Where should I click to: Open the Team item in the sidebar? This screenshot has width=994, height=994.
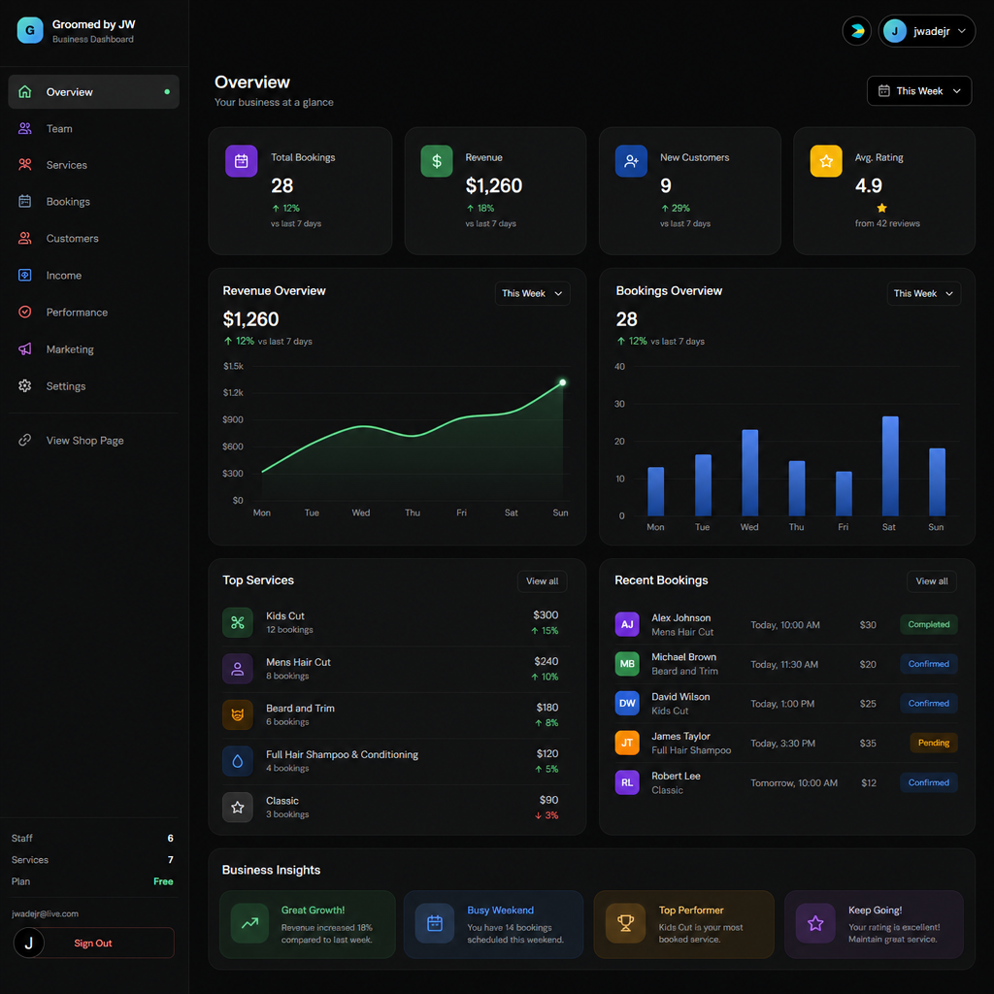[x=59, y=129]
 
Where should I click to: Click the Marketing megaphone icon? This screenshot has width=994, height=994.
[x=24, y=349]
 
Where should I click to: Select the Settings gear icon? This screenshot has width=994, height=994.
[x=24, y=386]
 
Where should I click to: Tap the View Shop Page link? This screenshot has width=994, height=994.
[x=84, y=441]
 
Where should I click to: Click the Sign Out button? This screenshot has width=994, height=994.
[x=93, y=943]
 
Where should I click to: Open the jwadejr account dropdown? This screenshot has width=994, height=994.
[x=926, y=31]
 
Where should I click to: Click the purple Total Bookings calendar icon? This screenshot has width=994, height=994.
[x=242, y=161]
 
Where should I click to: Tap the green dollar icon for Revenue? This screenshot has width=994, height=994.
[x=437, y=161]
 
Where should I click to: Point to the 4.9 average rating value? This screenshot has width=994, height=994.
[x=869, y=185]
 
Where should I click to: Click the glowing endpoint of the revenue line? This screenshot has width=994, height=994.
[x=562, y=382]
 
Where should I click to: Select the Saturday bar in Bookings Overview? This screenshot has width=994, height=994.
[x=890, y=466]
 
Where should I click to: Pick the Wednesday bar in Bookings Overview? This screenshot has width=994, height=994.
[x=750, y=473]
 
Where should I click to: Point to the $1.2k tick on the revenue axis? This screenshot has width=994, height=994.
[x=233, y=393]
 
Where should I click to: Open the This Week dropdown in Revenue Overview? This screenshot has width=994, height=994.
[x=532, y=293]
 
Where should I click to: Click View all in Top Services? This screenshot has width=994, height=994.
[x=542, y=581]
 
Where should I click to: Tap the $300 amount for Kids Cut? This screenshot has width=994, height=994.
[x=546, y=614]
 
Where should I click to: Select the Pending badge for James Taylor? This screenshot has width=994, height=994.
[x=933, y=743]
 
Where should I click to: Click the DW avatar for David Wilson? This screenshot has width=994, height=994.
[x=627, y=703]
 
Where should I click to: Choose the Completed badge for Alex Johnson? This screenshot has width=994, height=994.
[x=929, y=624]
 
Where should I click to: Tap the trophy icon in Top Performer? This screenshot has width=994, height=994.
[x=626, y=923]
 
